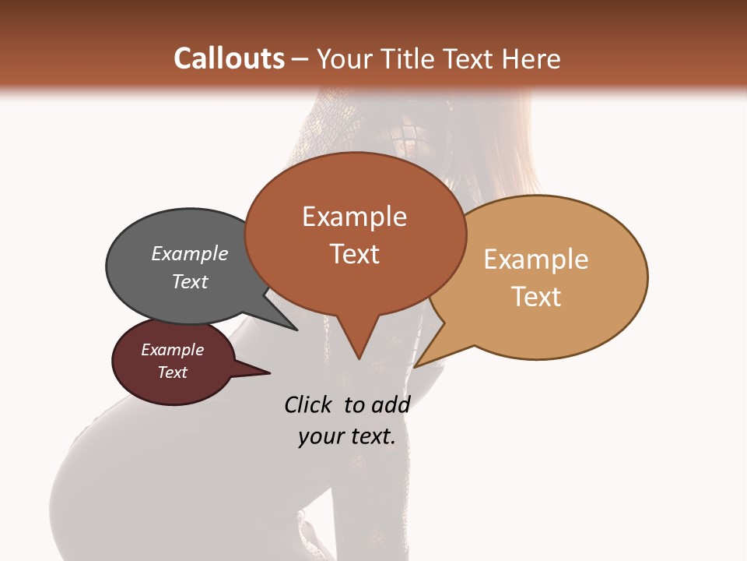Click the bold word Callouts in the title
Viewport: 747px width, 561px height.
tap(229, 59)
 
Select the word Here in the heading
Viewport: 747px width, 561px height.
tap(531, 59)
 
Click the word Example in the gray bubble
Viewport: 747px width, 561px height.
tap(190, 253)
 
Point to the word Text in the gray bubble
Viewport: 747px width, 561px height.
tap(190, 281)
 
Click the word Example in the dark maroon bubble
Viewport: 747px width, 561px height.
tap(173, 350)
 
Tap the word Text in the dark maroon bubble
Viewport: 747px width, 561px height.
tap(173, 372)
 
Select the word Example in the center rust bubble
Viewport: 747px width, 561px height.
tap(354, 217)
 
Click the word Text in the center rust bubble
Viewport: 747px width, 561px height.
tap(354, 254)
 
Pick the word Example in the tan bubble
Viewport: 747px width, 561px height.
tap(536, 259)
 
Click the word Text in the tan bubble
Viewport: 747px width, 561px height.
tap(536, 297)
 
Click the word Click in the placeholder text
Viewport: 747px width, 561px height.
tap(307, 404)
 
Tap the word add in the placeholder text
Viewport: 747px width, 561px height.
tap(390, 404)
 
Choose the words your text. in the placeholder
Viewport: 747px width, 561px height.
tap(347, 436)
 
